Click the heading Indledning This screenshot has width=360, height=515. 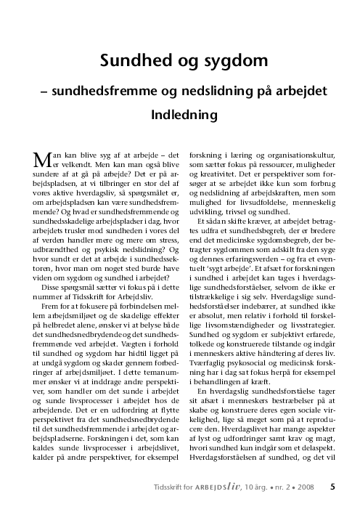pos(180,115)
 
